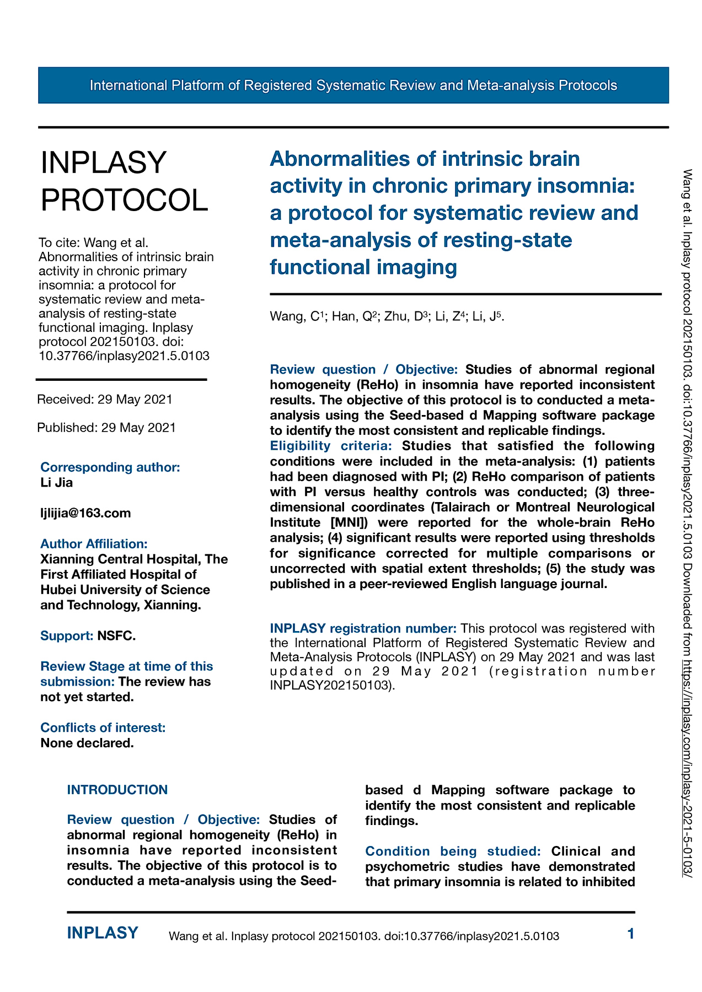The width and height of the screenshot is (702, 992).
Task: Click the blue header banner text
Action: coord(353,85)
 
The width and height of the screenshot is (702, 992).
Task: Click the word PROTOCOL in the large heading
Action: coord(125,200)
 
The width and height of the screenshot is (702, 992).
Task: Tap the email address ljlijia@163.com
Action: coord(85,513)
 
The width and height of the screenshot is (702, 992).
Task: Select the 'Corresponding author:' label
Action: coord(110,467)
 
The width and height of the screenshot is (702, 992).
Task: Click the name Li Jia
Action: coord(56,483)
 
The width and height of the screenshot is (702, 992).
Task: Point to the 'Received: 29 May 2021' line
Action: coord(105,399)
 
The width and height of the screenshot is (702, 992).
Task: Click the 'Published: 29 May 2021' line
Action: coord(106,428)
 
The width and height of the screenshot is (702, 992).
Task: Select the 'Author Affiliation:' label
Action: coord(94,543)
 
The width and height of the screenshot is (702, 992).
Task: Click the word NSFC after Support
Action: coord(116,636)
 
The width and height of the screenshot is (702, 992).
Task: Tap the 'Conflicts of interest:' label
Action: coord(103,727)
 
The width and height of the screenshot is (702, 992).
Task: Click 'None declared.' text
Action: coord(87,743)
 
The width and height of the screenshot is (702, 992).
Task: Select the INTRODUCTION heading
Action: coord(117,790)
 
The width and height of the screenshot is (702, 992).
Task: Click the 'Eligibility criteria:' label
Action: coord(330,445)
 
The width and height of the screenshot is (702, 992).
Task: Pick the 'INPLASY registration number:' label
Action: coord(363,628)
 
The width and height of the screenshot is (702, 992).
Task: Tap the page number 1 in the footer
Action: coord(631,934)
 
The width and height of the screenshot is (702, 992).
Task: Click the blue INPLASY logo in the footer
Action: coord(103,933)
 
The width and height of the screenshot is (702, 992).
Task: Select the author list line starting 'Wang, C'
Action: coord(387,316)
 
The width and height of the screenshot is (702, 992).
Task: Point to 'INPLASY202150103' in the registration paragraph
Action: coord(331,686)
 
